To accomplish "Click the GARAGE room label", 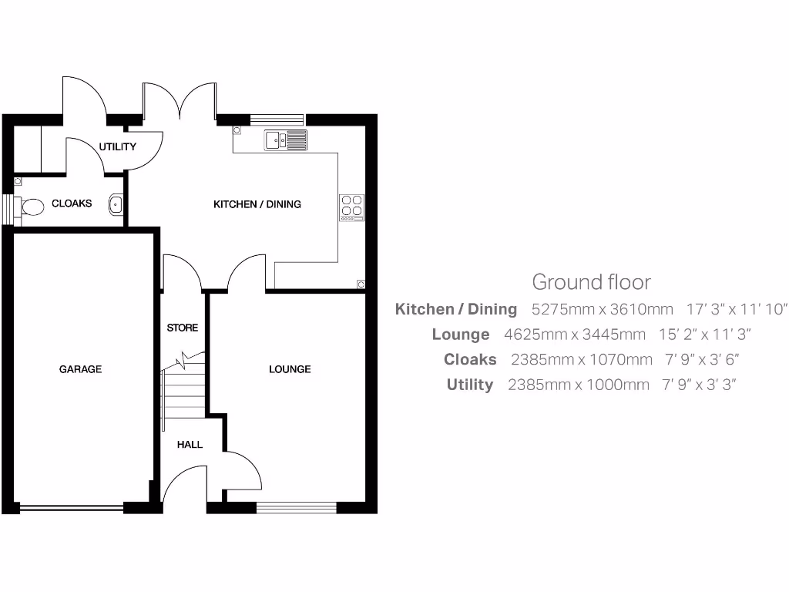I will (80, 369).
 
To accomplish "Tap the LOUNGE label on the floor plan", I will (290, 369).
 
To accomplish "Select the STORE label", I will (183, 328).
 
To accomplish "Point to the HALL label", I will (190, 445).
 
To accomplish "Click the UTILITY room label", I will (117, 146).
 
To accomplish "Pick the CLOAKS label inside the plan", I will (72, 203).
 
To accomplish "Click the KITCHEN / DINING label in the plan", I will (257, 204).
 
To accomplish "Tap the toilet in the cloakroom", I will (32, 207).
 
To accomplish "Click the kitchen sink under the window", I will (285, 140).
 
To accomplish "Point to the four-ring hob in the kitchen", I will (352, 207).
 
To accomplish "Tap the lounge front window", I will (297, 506).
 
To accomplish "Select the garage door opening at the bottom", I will (71, 507).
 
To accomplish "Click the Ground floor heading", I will (591, 282).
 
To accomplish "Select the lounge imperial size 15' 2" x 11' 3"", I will (705, 335).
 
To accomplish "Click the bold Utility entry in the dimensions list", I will (469, 385).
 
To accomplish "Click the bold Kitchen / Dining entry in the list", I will (455, 310).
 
